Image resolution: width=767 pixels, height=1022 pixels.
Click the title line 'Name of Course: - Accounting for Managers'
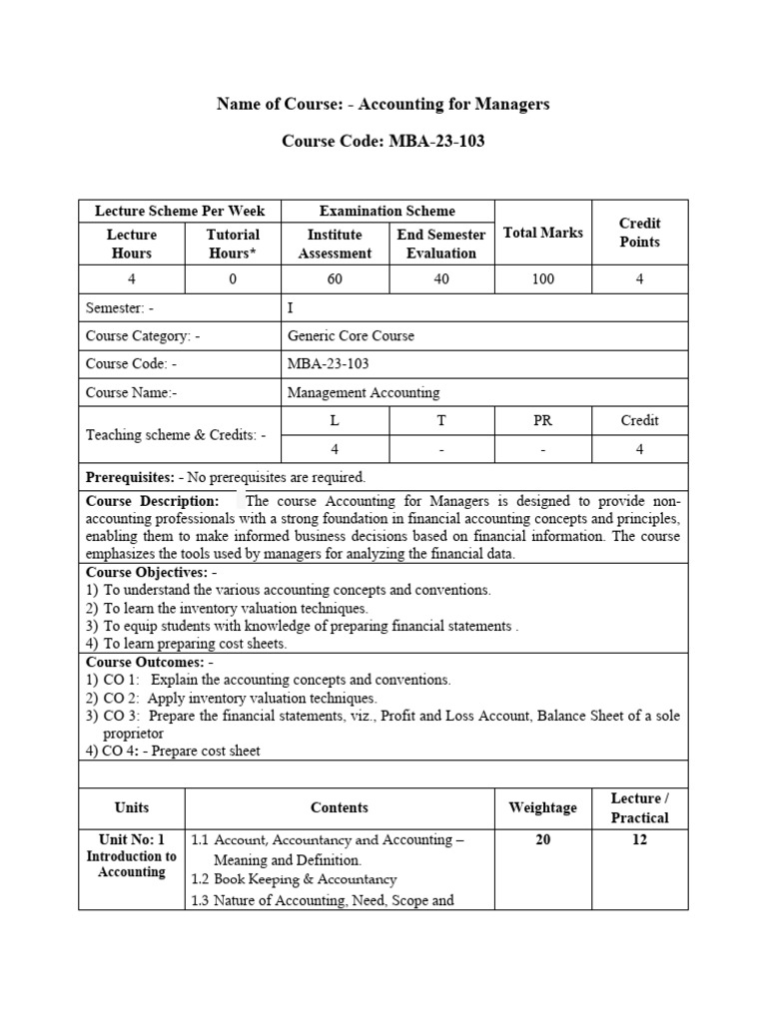[383, 105]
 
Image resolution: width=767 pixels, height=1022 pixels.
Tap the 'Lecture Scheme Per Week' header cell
[180, 211]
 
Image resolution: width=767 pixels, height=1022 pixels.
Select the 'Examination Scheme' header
[386, 211]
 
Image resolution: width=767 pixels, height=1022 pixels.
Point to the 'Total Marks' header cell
[543, 233]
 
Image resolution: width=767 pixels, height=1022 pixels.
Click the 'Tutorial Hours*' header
[233, 244]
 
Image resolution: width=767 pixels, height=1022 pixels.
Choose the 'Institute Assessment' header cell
[335, 244]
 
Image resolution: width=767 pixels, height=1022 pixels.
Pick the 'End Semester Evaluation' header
[440, 244]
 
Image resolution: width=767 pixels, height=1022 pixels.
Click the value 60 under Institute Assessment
[335, 279]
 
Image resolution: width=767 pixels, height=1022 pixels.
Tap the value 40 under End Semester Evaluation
[440, 279]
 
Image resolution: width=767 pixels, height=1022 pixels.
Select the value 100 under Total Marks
[543, 279]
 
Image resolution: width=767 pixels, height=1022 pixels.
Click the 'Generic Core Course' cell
[351, 336]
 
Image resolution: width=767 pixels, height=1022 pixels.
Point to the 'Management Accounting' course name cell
[364, 392]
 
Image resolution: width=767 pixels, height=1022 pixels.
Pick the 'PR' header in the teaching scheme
[542, 420]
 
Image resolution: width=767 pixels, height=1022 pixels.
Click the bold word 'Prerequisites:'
[131, 477]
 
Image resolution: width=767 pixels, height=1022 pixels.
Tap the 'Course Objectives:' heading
[147, 572]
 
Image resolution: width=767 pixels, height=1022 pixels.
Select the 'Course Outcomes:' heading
[146, 662]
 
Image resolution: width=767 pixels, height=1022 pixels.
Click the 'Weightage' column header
[543, 807]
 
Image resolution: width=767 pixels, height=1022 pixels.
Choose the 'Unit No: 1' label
[131, 839]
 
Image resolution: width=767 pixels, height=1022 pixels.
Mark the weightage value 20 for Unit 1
[543, 839]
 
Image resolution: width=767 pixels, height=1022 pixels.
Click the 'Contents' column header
[340, 807]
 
